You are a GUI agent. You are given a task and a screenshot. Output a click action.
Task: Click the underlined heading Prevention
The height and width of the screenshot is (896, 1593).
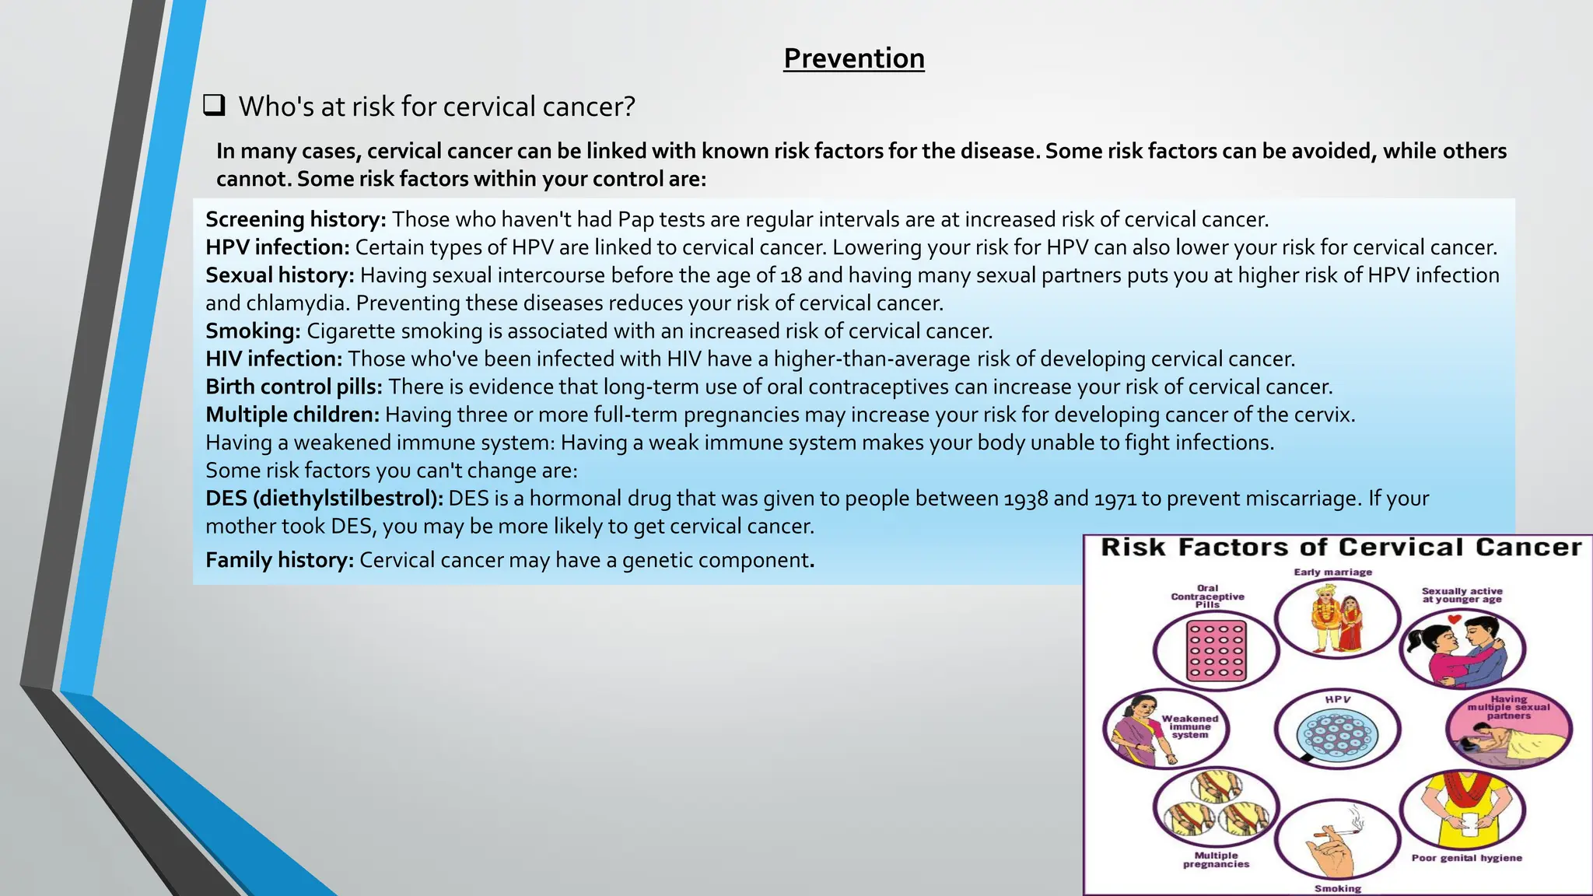coord(853,58)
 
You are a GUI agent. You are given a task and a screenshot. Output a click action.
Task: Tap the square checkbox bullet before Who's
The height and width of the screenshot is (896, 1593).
coord(214,105)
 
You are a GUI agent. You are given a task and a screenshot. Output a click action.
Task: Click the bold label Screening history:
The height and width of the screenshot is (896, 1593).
coord(296,219)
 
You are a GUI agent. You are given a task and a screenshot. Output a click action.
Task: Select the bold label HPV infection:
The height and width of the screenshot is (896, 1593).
coord(278,247)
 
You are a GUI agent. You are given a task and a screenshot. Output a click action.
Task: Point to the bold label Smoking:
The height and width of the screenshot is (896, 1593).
coord(253,331)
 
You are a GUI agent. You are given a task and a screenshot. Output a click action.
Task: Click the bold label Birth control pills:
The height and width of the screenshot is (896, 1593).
coord(294,387)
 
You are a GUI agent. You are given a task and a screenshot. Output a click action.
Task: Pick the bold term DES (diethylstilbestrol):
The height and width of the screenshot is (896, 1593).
coord(324,499)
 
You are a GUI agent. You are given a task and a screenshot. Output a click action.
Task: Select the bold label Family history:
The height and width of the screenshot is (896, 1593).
coord(279,560)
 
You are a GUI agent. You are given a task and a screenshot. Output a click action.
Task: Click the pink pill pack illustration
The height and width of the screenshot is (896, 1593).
coord(1216,651)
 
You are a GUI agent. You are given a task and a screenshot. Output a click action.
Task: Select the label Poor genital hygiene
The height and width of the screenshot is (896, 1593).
coord(1466,858)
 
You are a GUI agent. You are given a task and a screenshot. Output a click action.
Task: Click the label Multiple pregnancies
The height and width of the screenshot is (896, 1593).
coord(1216,859)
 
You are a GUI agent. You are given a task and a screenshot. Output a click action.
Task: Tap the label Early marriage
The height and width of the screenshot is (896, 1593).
coord(1332,572)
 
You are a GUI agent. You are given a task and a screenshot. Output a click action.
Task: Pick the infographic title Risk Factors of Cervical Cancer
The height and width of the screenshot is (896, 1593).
coord(1341,548)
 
